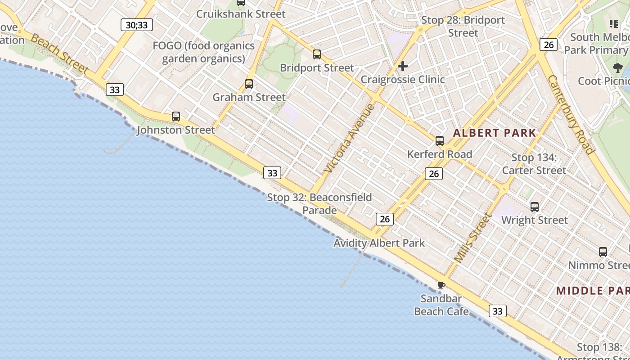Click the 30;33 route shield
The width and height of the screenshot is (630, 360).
pos(137,25)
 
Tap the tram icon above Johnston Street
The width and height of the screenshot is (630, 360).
pos(176,117)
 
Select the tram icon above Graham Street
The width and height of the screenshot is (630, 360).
pos(248,84)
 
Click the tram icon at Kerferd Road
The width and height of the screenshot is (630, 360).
pos(440,141)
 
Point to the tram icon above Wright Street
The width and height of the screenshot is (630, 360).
pos(535,207)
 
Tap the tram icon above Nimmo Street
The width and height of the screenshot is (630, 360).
pos(603,252)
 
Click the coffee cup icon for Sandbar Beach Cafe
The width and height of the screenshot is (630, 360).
pos(441,285)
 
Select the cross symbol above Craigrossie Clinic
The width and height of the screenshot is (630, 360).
pos(403,67)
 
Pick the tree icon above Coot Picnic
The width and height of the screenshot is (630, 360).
pos(617,68)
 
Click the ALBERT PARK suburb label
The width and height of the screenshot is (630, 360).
pos(495,133)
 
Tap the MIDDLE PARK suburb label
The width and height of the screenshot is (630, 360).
pos(592,290)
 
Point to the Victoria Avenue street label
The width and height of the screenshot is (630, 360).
pos(349,138)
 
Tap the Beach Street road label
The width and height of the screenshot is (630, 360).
pos(60,55)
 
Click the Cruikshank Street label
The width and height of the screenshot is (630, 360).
pos(241,14)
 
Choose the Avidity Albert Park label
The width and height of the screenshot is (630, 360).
pos(379,243)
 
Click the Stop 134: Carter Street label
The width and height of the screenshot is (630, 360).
pos(534,164)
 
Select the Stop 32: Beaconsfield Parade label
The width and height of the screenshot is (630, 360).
pos(319,204)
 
